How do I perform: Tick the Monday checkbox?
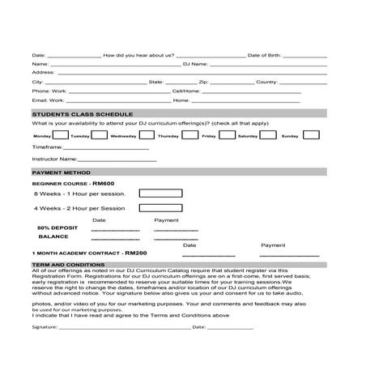[59, 135]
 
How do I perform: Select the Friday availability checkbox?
[189, 135]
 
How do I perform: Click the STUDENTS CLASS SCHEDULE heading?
[82, 114]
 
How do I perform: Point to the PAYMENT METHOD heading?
[61, 172]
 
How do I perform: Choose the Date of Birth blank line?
[305, 55]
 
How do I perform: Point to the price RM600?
[103, 184]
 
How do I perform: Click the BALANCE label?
[53, 237]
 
